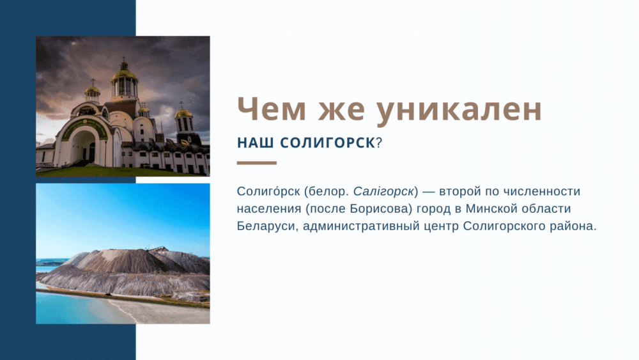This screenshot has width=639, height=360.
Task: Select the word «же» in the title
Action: [x=341, y=112]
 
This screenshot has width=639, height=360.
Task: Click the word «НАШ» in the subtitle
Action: [x=255, y=143]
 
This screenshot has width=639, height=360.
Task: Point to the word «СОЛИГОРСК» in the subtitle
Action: [x=328, y=143]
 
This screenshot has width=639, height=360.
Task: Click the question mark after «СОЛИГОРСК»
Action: [x=379, y=143]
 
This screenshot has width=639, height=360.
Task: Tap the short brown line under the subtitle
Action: [x=257, y=163]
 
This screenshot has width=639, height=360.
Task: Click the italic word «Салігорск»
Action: [x=383, y=192]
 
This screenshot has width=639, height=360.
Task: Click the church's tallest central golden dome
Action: [x=124, y=75]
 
